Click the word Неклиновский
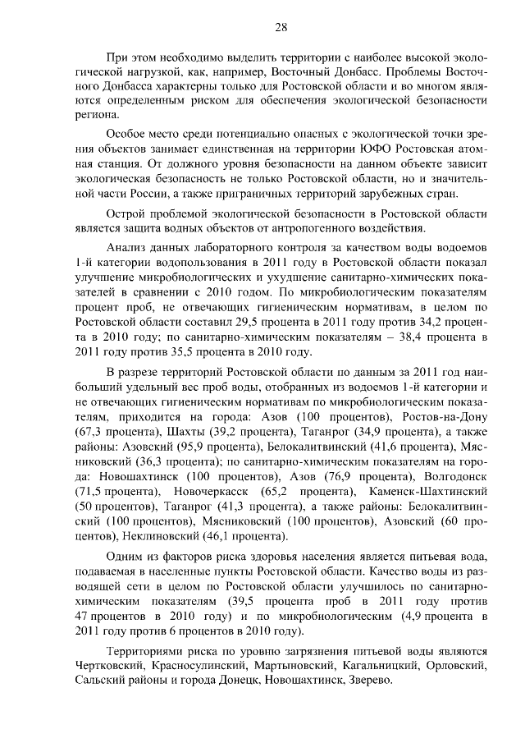155,537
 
